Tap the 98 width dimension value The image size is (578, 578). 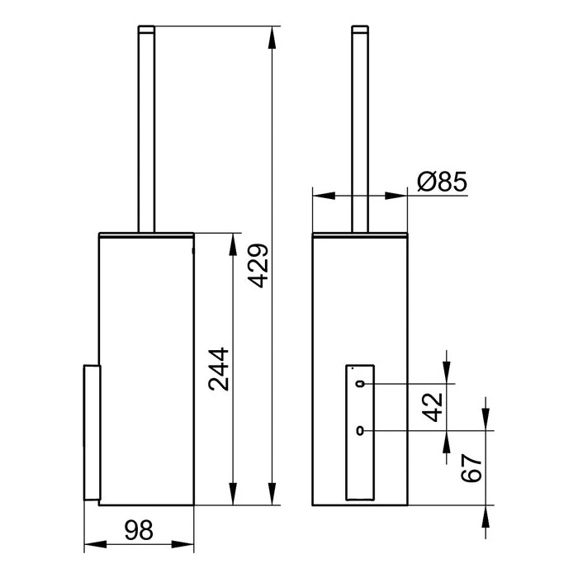[140, 532]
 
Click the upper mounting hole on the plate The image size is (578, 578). [361, 384]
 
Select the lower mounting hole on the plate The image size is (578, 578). [361, 430]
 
